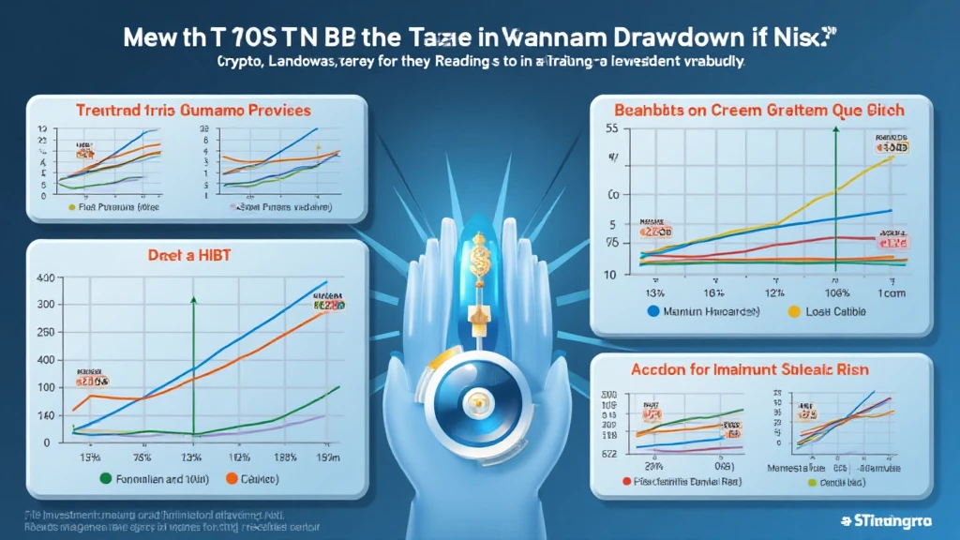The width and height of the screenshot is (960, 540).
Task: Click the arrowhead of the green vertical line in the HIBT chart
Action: pyautogui.click(x=194, y=300)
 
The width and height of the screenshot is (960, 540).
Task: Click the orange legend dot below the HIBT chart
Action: pyautogui.click(x=231, y=478)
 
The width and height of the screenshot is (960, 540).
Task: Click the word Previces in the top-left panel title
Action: pyautogui.click(x=272, y=111)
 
